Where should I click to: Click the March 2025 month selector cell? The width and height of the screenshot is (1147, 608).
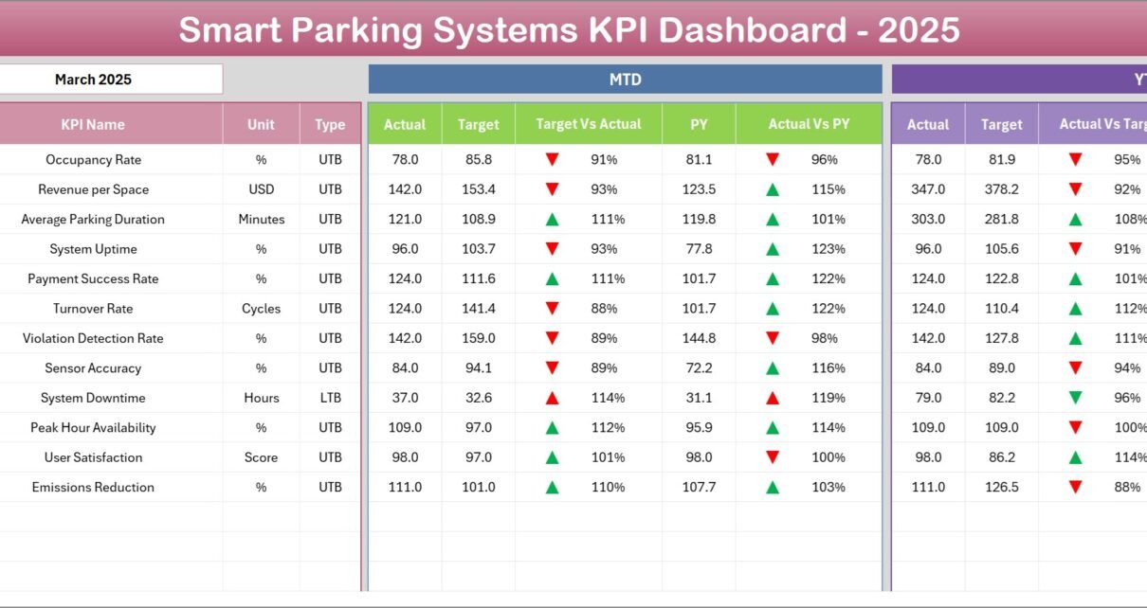click(93, 80)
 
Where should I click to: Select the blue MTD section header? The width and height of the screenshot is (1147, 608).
click(625, 80)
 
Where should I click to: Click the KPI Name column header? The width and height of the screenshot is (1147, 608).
click(93, 124)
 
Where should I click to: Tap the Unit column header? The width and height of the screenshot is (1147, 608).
click(261, 124)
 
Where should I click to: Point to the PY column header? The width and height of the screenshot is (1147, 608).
click(699, 124)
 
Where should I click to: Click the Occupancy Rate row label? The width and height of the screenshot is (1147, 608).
click(93, 160)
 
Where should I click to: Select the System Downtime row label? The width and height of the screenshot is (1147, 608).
click(93, 398)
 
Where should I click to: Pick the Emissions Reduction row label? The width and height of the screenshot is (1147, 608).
click(93, 487)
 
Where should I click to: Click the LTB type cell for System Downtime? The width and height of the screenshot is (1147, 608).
click(330, 398)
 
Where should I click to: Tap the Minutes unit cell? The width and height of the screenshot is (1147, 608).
click(261, 220)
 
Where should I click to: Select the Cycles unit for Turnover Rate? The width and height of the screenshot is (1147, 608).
click(261, 309)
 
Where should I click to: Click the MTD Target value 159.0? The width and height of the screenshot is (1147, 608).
click(478, 338)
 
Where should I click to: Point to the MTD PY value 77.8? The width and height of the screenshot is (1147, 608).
click(699, 249)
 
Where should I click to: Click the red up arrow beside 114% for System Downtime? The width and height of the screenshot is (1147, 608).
click(552, 399)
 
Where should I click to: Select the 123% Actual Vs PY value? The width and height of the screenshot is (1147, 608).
click(828, 249)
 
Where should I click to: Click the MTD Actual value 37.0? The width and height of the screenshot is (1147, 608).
click(405, 398)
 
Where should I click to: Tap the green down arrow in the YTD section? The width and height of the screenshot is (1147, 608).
click(1075, 399)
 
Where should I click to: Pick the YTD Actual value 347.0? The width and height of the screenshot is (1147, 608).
click(927, 189)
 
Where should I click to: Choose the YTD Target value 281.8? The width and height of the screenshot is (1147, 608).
click(1001, 220)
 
